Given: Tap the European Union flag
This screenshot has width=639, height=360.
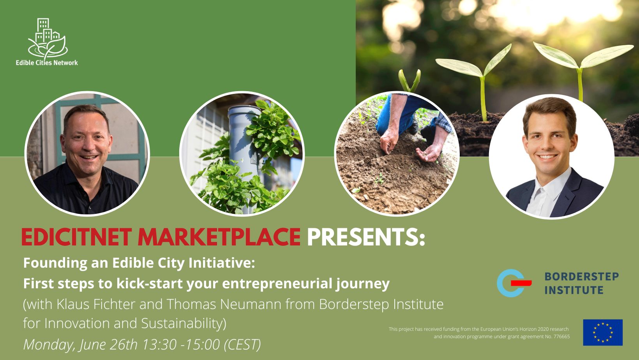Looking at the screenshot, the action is coord(603,332).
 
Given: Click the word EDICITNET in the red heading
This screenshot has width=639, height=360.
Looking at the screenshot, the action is coord(76,237).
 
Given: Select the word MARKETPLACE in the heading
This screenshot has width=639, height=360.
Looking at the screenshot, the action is coord(219,237).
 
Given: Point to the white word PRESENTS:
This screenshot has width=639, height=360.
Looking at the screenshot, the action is coord(366,237).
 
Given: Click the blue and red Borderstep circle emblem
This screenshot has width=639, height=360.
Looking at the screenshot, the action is coord(514,283).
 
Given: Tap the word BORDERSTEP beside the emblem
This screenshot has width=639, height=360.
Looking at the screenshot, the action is coord(582,276).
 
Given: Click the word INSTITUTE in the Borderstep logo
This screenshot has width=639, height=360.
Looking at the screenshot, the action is coord(574,290).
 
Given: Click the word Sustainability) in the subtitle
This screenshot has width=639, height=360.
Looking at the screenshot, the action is coord(184,324).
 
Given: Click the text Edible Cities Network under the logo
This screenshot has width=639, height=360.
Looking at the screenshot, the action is coord(47,63).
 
